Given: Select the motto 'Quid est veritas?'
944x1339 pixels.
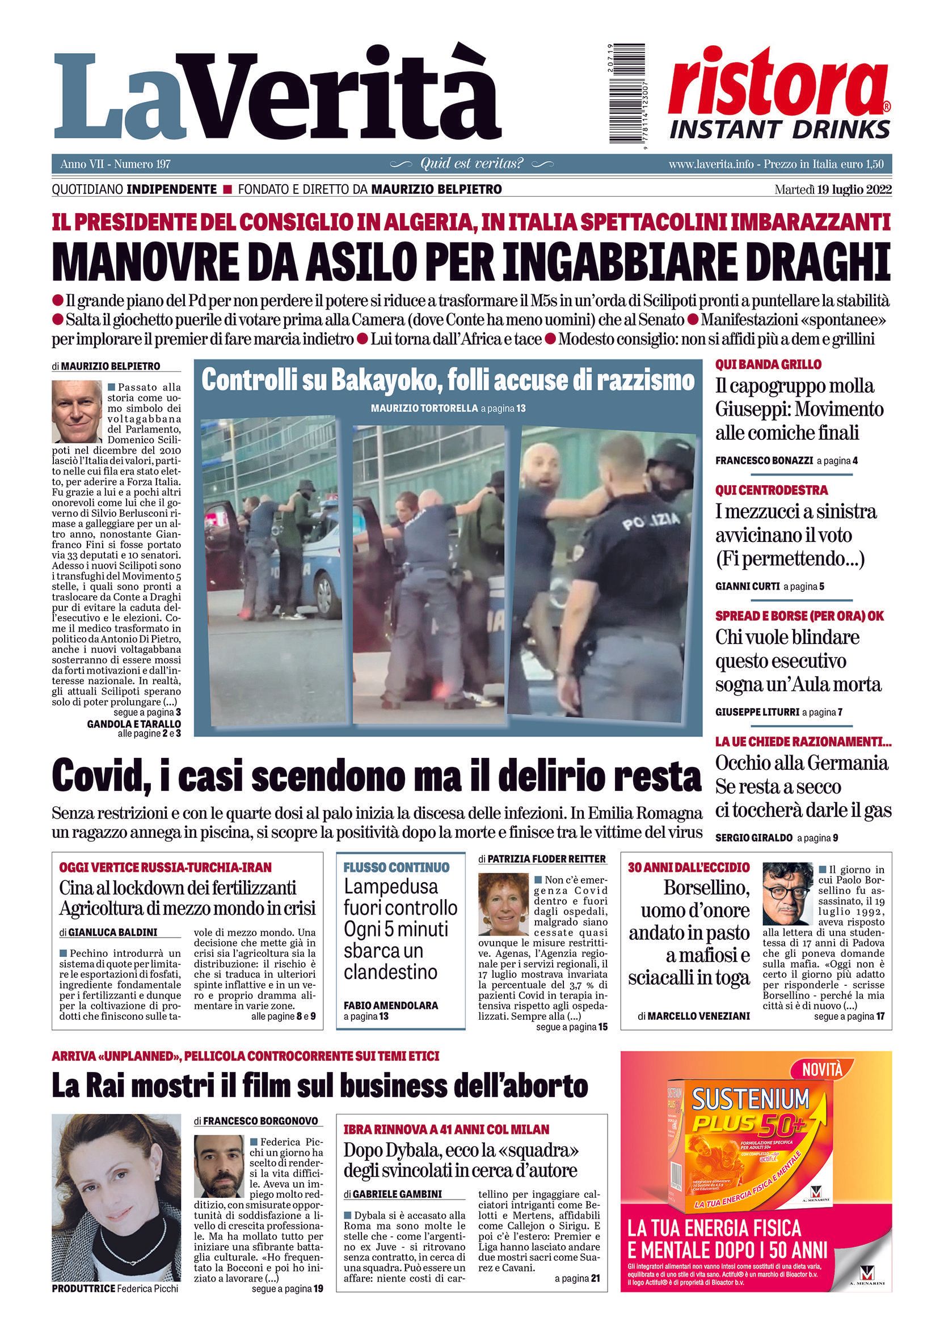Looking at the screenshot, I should (x=471, y=164).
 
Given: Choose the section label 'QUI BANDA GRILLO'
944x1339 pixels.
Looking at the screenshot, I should (x=768, y=365).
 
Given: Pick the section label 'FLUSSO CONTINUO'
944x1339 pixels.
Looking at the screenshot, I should (x=396, y=867).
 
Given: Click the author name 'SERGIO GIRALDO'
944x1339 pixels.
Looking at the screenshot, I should (x=754, y=838).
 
